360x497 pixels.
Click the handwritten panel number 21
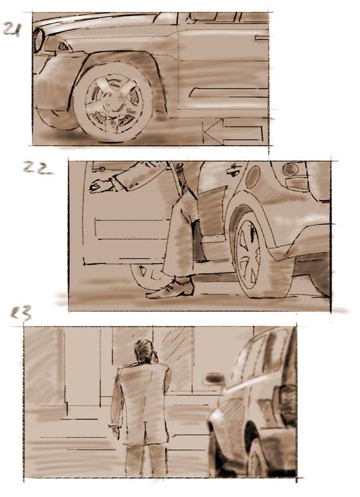tap(13, 30)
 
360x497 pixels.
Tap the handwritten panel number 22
tap(38, 168)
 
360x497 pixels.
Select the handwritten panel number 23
tap(21, 313)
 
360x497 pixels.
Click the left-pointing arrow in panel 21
tap(233, 132)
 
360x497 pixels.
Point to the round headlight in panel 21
tap(37, 40)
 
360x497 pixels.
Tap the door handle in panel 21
tap(261, 38)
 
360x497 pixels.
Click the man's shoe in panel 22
tap(171, 289)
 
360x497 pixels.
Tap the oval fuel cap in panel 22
tap(253, 177)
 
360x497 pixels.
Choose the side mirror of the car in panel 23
tap(214, 379)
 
